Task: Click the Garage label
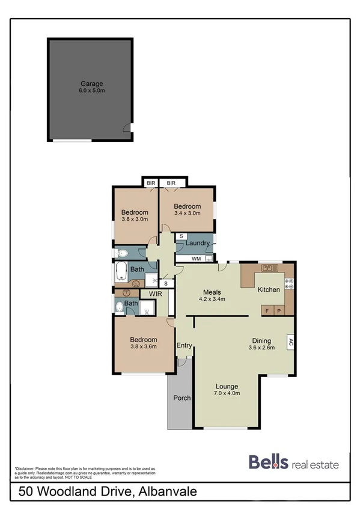93,84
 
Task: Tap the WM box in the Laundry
196,259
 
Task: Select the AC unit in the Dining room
290,342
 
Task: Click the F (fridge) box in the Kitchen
267,310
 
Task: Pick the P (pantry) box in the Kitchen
278,310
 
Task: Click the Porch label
181,398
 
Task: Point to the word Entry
183,345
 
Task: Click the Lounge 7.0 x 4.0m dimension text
228,394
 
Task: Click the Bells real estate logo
294,464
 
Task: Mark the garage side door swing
125,127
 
